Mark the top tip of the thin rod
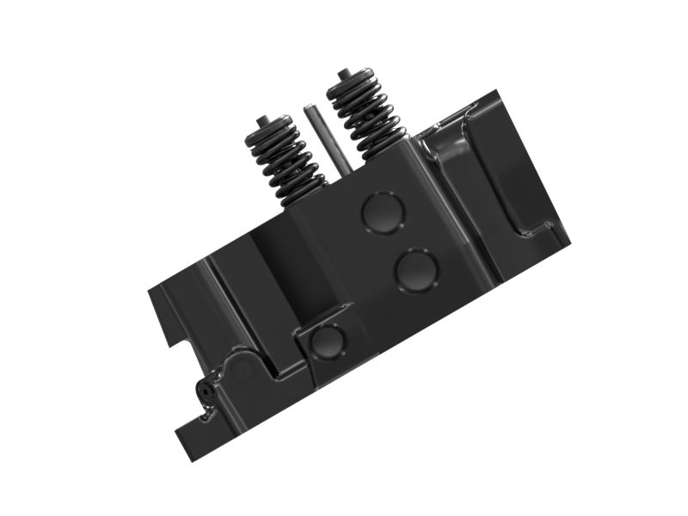[x=309, y=108]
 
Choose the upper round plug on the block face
[x=380, y=212]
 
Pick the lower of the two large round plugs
[x=415, y=270]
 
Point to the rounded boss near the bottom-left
[x=241, y=370]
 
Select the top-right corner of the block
[x=501, y=90]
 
